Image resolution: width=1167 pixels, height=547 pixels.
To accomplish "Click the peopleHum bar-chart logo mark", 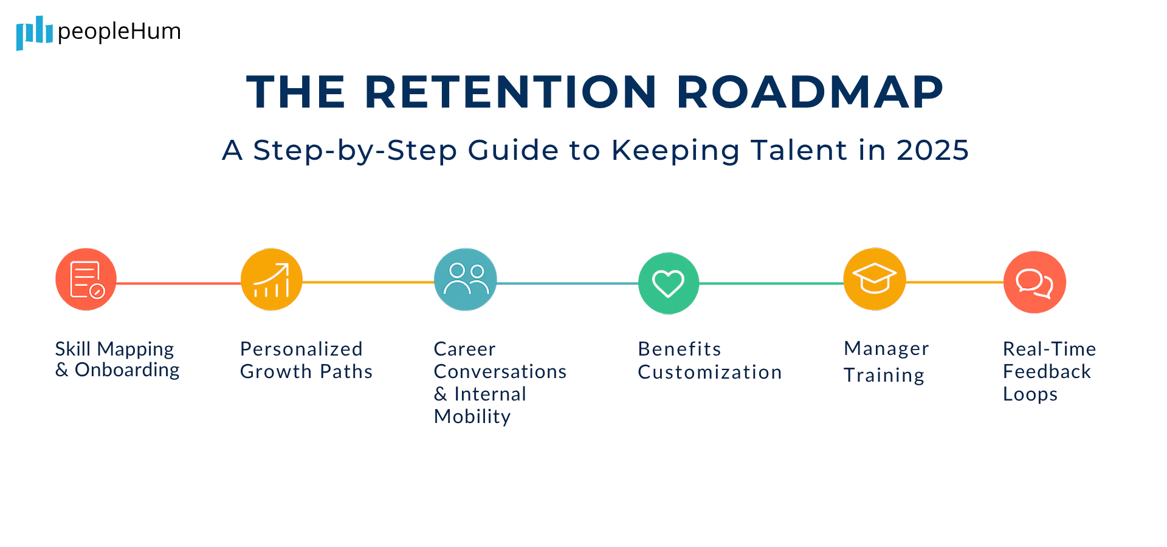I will click(34, 32).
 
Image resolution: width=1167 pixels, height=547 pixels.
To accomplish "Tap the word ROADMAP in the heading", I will click(810, 92).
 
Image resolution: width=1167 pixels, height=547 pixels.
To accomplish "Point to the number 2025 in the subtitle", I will click(932, 150).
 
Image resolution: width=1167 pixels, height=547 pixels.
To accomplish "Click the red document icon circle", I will click(86, 280).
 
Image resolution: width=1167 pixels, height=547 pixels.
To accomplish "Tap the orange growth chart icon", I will click(271, 280).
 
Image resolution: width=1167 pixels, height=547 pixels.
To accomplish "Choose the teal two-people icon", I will click(466, 280).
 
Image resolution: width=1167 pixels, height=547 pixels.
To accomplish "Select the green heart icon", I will click(669, 283).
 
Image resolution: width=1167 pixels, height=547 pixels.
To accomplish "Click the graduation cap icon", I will click(875, 279).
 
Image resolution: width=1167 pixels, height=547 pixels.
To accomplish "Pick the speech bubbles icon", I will click(1034, 282).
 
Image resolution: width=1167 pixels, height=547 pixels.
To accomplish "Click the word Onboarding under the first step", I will click(127, 370).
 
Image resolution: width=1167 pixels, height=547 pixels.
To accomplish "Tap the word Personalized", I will click(301, 349).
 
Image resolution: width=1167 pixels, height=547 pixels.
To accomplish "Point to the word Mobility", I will click(472, 417).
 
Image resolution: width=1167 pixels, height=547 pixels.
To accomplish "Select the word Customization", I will click(710, 372).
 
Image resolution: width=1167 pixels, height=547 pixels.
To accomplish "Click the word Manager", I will click(886, 349).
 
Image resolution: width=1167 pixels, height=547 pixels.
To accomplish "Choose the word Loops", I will click(1030, 394).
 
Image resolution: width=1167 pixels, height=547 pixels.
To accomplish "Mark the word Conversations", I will click(500, 371).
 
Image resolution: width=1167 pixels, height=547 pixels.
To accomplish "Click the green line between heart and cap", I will click(771, 283).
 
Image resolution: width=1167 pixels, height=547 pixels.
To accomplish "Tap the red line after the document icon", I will click(178, 283).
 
